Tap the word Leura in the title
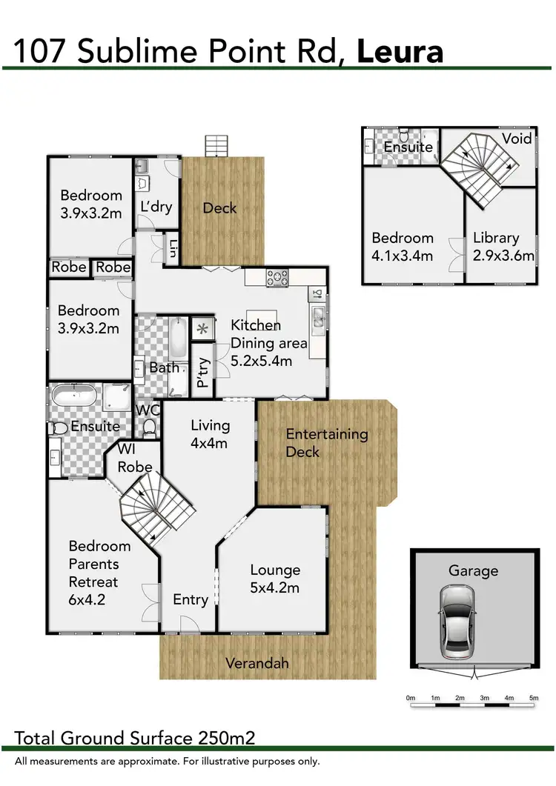click(400, 51)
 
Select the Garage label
click(473, 571)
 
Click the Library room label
click(496, 238)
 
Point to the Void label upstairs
click(516, 139)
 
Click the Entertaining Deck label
click(327, 442)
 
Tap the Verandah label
click(257, 663)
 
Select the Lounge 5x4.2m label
click(275, 579)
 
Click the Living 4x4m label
click(210, 434)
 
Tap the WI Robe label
click(135, 459)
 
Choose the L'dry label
click(156, 207)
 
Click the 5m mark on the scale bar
click(533, 698)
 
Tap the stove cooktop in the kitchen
click(278, 278)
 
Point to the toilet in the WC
click(149, 426)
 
